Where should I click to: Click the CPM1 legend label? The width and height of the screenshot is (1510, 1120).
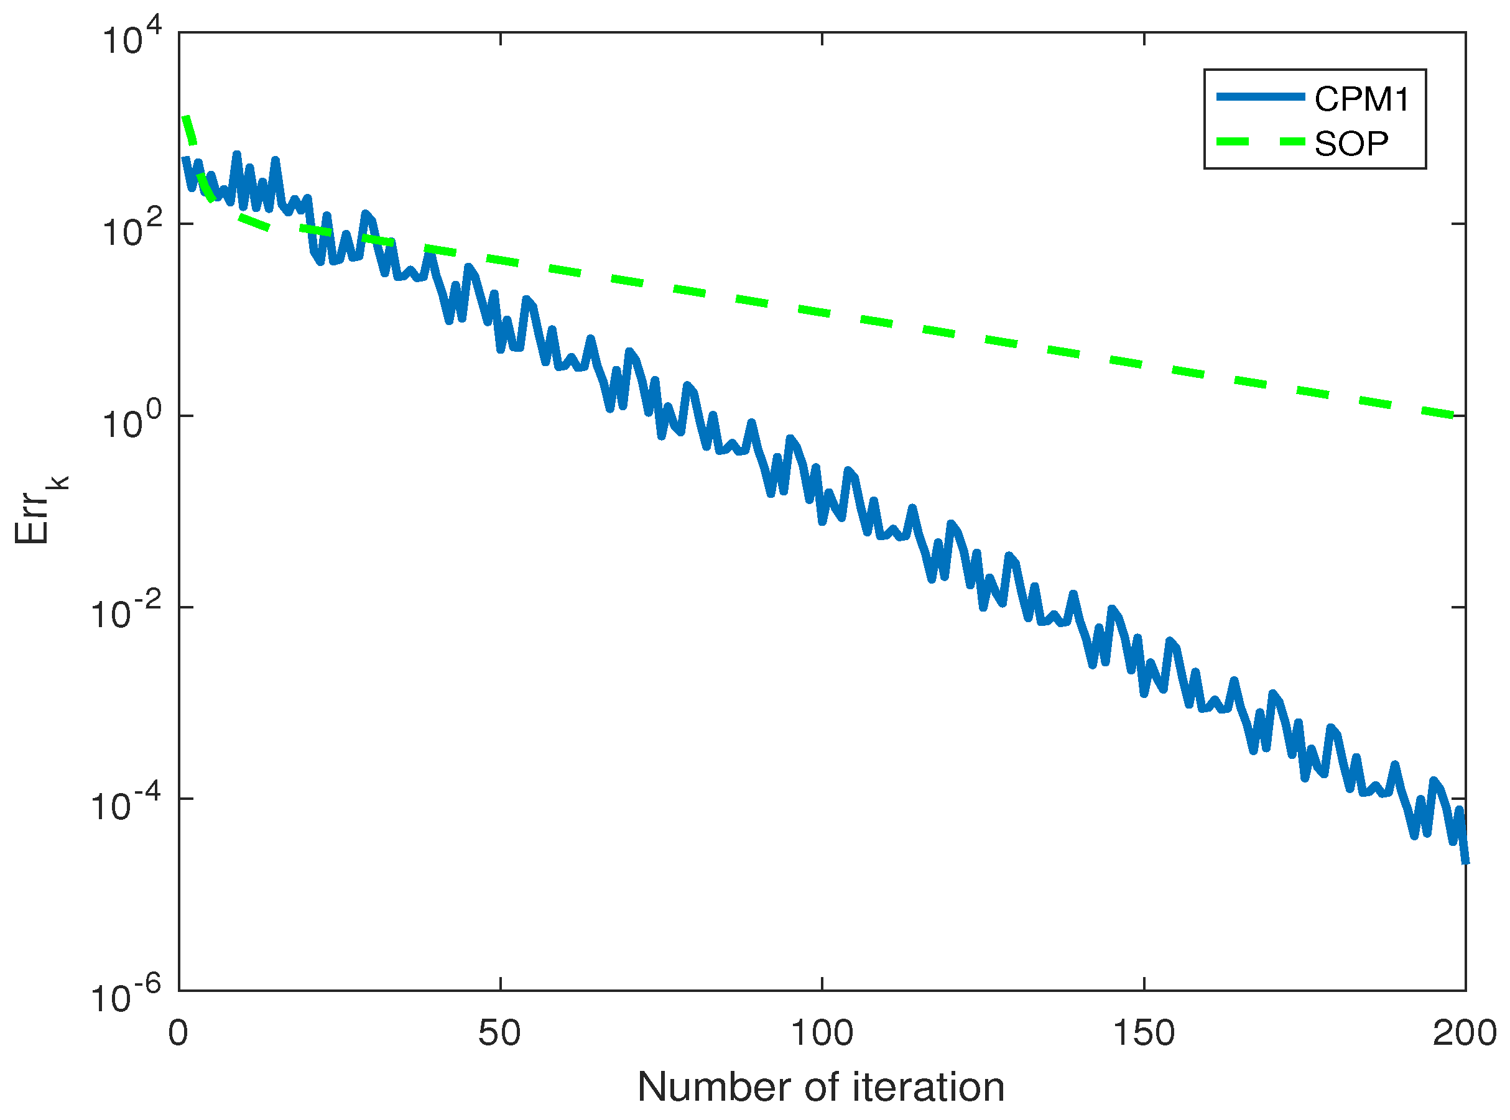pos(1361,99)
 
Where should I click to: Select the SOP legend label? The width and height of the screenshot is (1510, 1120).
pos(1351,144)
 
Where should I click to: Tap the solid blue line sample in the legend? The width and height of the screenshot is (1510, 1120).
pos(1261,97)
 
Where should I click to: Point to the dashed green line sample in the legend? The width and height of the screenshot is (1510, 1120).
pos(1261,142)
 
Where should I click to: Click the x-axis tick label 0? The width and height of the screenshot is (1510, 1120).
pos(178,1033)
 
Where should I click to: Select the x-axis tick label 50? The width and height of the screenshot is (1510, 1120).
pos(500,1033)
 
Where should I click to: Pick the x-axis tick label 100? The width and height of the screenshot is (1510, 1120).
pos(822,1033)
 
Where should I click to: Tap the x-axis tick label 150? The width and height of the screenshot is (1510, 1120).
pos(1144,1033)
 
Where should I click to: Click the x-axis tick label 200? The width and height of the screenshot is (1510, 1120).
pos(1465,1033)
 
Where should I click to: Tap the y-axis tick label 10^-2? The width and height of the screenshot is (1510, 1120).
pos(126,613)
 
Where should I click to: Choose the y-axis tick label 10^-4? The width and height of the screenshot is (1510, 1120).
pos(126,805)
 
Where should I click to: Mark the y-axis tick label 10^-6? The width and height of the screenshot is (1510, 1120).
pos(126,996)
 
